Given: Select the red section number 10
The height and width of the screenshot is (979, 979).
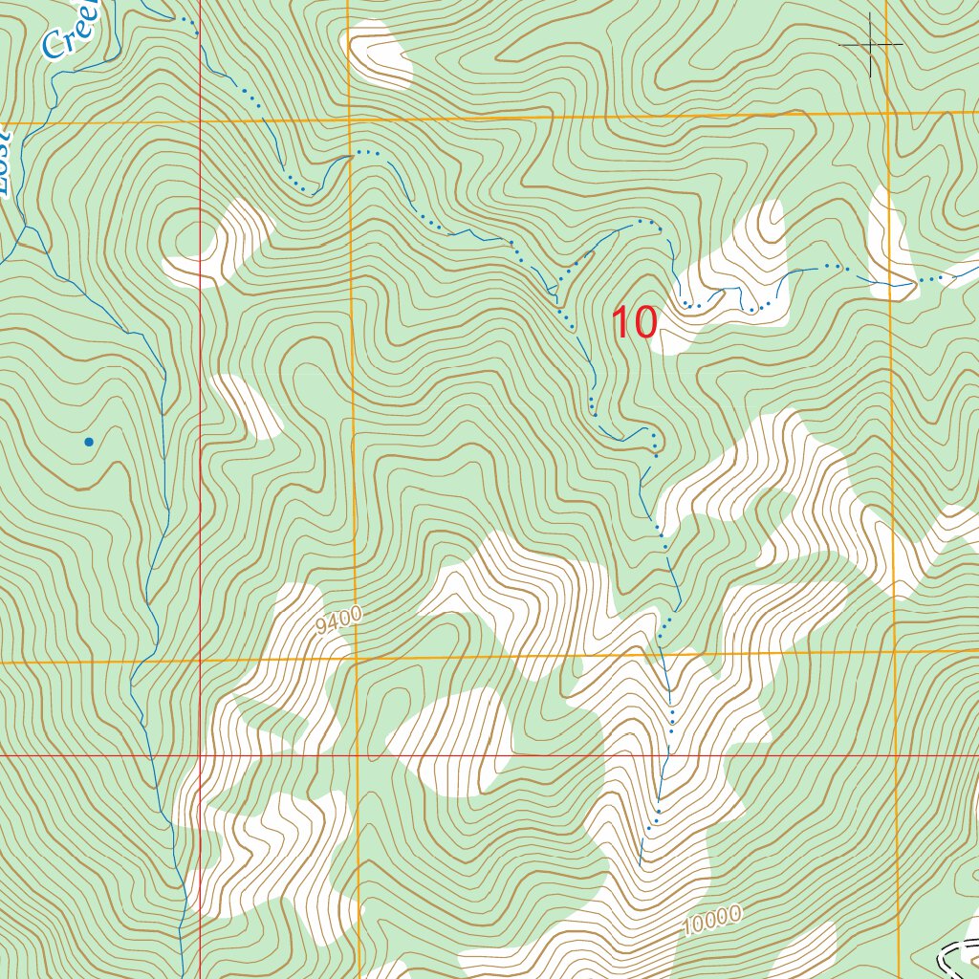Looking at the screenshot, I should (x=634, y=323).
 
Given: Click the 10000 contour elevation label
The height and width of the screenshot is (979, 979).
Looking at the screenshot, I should (x=712, y=921).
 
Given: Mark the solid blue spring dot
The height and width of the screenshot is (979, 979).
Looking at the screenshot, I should (x=89, y=442).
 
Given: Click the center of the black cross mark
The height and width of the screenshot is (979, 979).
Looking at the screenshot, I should (x=871, y=44).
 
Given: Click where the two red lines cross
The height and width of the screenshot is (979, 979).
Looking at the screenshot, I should (x=200, y=755).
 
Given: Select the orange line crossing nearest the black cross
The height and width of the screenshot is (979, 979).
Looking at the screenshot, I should (x=888, y=114).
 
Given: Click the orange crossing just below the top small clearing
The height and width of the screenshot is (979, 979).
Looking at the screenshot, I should (x=350, y=119).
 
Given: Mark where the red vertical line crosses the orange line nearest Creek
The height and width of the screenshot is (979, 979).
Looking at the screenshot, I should (x=200, y=121).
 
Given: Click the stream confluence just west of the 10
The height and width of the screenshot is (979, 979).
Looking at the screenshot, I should (x=555, y=287).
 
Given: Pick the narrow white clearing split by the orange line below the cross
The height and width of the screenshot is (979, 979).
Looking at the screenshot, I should (x=890, y=239).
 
